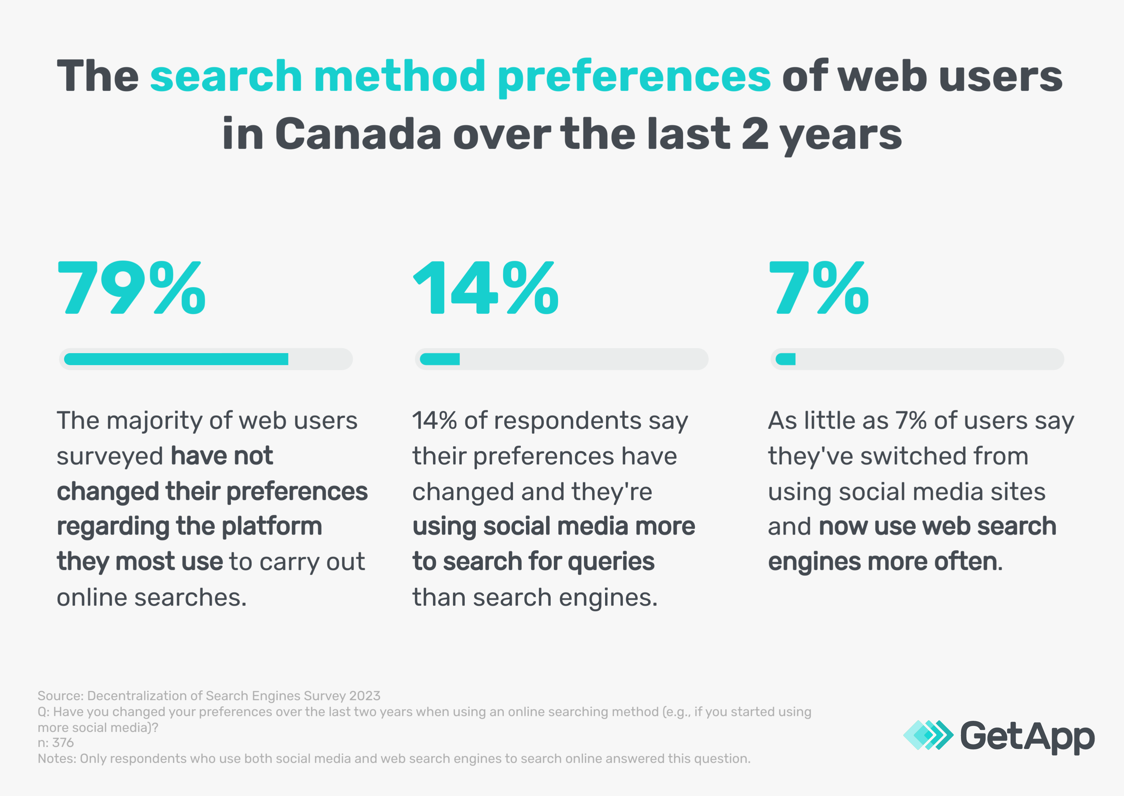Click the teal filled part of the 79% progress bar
pos(176,359)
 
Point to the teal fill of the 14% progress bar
pos(440,359)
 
